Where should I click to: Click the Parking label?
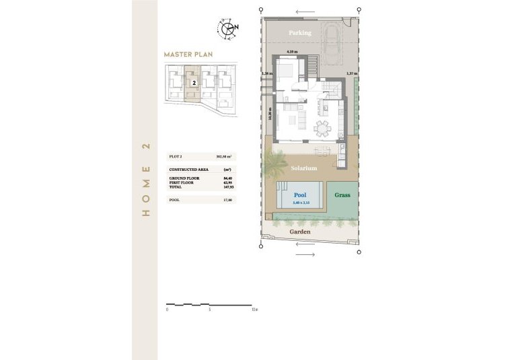pos(300,32)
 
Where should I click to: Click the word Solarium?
pos(304,169)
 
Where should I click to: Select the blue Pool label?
pos(300,195)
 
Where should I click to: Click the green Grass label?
pos(342,195)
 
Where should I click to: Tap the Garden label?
pos(300,231)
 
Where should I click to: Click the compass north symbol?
pos(229,28)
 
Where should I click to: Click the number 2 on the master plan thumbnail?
pos(194,82)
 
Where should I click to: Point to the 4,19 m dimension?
pos(291,52)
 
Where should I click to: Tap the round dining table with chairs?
pos(324,128)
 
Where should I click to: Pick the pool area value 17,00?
pos(227,200)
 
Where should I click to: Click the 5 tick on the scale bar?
pos(210,310)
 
